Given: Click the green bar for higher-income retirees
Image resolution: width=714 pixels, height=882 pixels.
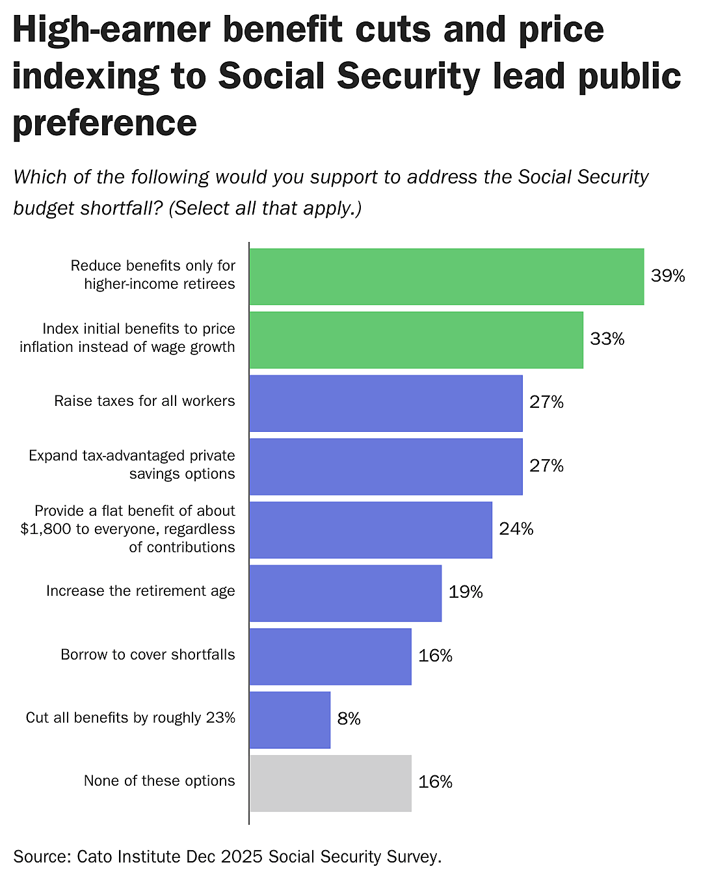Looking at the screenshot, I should click(446, 276).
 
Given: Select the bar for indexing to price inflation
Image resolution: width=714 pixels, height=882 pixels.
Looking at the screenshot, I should click(416, 340).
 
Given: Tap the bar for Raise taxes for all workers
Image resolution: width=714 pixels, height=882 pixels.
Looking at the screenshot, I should click(386, 403).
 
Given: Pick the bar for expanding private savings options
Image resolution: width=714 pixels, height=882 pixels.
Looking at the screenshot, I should click(386, 466).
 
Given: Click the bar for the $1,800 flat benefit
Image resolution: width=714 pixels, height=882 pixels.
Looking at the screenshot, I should click(371, 529).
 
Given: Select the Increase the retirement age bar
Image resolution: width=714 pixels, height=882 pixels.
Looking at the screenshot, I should click(345, 593).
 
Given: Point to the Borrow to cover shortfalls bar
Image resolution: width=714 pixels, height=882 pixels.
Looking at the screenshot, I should click(330, 656).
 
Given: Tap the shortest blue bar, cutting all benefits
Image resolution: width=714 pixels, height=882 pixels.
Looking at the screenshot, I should click(290, 719).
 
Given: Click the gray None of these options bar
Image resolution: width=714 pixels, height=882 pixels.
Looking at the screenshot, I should click(330, 782).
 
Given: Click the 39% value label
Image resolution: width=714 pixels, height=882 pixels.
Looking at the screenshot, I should click(668, 276).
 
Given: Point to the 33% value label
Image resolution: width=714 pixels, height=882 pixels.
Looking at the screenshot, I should click(607, 339).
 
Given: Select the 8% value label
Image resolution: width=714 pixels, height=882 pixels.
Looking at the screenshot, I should click(349, 719).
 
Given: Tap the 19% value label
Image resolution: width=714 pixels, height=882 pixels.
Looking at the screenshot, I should click(465, 592).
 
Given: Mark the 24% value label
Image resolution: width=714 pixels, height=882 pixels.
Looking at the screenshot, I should click(516, 529).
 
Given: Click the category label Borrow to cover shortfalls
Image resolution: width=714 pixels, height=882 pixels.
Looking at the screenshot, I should click(148, 654).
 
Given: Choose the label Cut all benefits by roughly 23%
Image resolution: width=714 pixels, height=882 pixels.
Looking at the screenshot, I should click(130, 717).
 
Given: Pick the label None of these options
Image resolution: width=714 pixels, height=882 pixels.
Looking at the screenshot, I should click(159, 781).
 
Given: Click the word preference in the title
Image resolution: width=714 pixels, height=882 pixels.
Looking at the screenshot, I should click(105, 123).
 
